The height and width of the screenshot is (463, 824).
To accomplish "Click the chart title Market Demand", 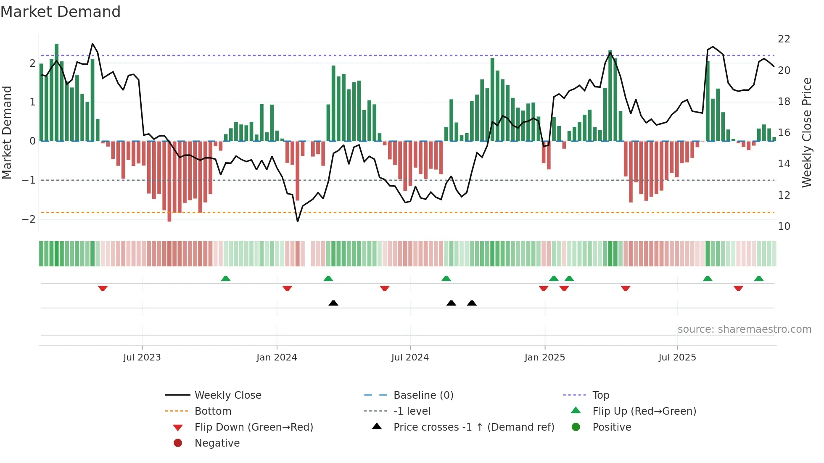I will point(61,12).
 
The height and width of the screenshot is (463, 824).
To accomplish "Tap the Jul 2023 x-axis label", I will point(142,358).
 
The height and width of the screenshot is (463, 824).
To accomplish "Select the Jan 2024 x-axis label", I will point(277,358).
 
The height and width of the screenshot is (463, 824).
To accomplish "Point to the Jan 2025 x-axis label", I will point(544,358).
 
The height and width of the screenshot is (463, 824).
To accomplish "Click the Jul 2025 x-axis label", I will point(677,358).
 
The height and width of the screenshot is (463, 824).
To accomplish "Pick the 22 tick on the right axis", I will point(784,39).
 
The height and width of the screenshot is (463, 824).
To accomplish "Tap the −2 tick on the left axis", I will point(29,219).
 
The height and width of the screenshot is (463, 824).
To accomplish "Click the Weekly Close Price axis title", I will point(806,132).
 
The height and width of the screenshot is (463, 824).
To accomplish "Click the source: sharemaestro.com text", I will point(744,329).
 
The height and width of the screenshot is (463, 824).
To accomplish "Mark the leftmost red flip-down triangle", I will point(103,288).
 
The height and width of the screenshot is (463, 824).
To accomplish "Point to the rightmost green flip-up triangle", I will point(759,279).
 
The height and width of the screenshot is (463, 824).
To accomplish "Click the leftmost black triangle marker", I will point(333,303).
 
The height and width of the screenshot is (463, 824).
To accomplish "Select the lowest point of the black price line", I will point(298,221).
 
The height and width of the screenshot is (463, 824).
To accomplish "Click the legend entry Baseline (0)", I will point(423,395).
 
